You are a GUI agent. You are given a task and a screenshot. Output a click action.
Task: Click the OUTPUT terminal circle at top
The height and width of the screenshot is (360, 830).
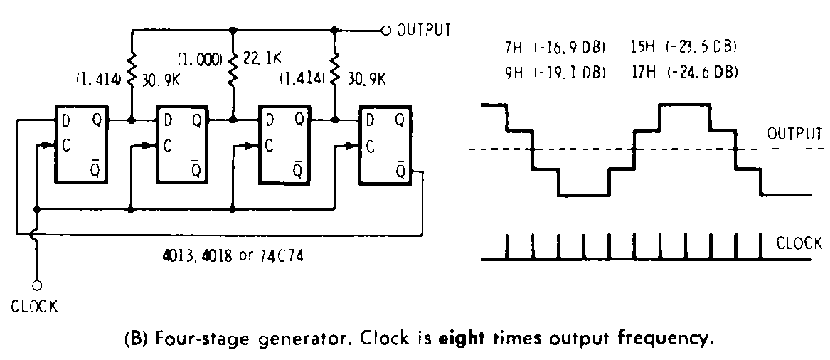coord(386,31)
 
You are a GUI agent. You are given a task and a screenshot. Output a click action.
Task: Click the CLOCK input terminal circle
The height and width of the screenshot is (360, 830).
coord(37,285)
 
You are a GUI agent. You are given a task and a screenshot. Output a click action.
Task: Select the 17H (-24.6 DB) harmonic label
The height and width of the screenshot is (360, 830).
coord(683,72)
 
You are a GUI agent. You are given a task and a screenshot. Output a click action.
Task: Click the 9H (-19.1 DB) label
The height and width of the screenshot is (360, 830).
coord(555,72)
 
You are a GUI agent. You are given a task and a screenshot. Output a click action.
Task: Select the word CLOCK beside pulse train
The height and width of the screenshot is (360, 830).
coord(799,243)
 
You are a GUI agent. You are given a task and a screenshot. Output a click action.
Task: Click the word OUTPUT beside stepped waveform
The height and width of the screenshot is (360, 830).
coord(795,133)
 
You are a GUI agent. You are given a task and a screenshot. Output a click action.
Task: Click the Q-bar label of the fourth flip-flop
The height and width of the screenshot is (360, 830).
coord(401,171)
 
